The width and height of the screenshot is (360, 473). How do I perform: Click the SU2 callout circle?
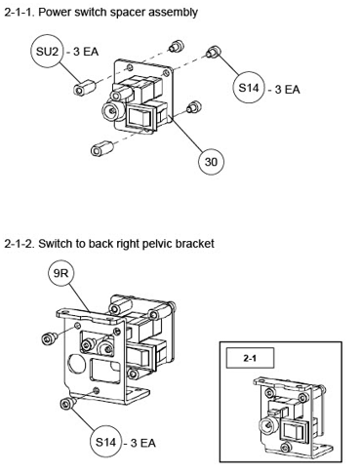(48, 51)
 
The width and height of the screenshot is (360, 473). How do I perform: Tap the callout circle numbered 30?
(211, 162)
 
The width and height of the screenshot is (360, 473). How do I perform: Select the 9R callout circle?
(60, 273)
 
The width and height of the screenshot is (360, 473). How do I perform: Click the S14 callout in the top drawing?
(249, 88)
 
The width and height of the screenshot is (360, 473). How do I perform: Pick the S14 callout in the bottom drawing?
(106, 442)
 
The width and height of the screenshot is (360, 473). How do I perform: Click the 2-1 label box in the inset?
(250, 358)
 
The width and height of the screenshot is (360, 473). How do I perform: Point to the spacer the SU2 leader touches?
(84, 88)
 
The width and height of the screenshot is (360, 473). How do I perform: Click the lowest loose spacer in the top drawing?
(101, 148)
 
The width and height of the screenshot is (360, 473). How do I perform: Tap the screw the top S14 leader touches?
(214, 52)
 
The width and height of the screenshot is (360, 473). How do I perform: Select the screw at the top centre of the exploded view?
(177, 46)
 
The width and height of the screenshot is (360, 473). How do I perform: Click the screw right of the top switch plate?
(194, 106)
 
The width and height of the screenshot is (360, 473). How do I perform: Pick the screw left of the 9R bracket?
(50, 337)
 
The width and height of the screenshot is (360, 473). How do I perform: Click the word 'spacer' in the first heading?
(128, 12)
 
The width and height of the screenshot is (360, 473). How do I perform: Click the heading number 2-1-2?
(19, 244)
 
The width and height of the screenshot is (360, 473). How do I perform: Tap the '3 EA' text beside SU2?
(86, 52)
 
